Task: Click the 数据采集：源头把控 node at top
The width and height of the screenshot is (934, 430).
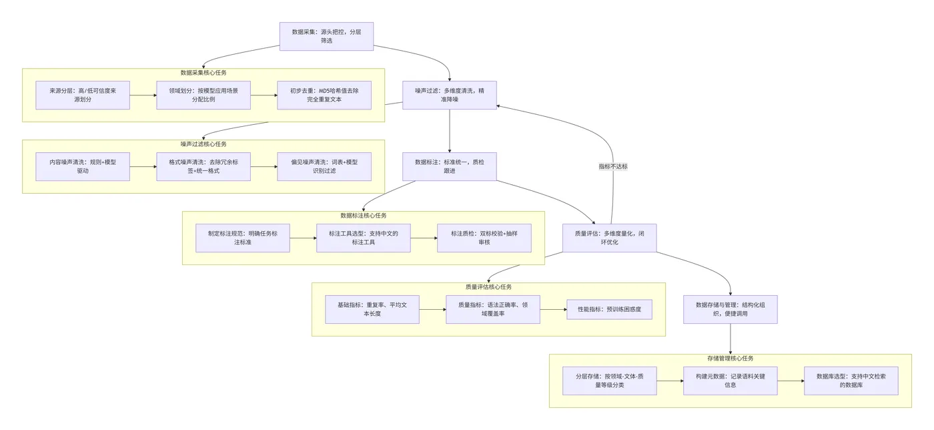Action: (326, 36)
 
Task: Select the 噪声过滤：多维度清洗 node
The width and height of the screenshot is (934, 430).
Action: (449, 95)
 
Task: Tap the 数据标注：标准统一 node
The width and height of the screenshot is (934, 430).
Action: (449, 166)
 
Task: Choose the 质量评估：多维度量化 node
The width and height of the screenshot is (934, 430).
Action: (609, 238)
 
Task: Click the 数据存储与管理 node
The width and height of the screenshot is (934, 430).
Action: (731, 309)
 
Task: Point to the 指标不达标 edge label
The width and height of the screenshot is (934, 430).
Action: (613, 166)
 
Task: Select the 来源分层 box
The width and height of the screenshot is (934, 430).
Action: (83, 95)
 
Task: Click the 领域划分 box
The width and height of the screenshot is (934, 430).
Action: (203, 95)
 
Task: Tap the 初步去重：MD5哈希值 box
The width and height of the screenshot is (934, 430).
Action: (324, 95)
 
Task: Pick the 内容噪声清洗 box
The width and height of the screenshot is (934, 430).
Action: (83, 166)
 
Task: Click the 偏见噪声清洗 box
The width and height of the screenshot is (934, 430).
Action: (324, 166)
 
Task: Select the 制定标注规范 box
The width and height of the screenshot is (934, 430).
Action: (243, 238)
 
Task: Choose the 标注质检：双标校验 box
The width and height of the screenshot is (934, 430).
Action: (484, 238)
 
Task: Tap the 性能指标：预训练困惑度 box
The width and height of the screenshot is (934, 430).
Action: (609, 309)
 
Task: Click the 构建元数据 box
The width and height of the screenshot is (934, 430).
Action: (731, 381)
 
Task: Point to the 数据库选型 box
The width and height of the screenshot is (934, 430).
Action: (851, 381)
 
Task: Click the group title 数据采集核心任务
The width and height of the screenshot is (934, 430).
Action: (203, 73)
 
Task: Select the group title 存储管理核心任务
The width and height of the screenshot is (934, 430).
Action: (731, 359)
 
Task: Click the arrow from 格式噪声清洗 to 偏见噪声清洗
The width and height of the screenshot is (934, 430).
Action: (264, 166)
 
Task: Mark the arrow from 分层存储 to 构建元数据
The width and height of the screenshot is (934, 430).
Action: (670, 381)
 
